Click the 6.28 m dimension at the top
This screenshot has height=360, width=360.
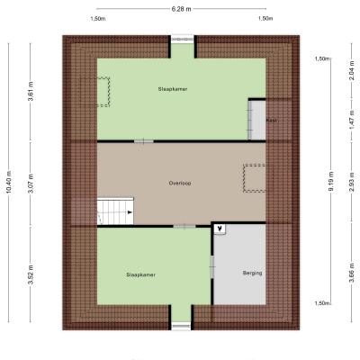[182, 9]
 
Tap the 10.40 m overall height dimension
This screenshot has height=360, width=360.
[9, 182]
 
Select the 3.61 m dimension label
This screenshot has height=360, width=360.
[31, 91]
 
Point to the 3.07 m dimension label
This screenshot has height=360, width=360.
[31, 184]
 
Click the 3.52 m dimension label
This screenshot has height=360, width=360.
[31, 274]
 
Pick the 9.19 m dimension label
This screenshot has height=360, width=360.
[331, 182]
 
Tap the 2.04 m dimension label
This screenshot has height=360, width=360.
[352, 70]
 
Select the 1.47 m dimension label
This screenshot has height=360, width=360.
[352, 120]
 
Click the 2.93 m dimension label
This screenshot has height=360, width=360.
[352, 182]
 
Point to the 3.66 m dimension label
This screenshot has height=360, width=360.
[352, 273]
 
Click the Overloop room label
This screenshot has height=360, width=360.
[180, 184]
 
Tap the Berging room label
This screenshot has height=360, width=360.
[252, 274]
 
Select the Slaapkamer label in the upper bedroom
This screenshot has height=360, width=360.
[173, 89]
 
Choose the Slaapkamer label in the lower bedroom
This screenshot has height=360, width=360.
[141, 274]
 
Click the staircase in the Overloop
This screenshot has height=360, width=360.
[115, 211]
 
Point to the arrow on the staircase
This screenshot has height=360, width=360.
[130, 212]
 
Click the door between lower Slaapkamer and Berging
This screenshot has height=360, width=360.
[212, 266]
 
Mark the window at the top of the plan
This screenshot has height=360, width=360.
[183, 40]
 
